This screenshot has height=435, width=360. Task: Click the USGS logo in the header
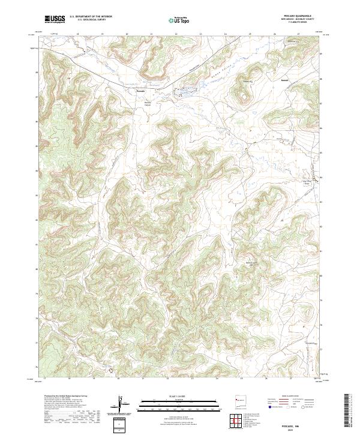point(55,20)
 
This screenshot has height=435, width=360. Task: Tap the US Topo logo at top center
point(179,20)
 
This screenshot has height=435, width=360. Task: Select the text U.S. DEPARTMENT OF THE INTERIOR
point(89,17)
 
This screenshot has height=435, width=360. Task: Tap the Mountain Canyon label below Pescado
point(148,103)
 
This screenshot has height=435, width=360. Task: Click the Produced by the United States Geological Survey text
point(61,397)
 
